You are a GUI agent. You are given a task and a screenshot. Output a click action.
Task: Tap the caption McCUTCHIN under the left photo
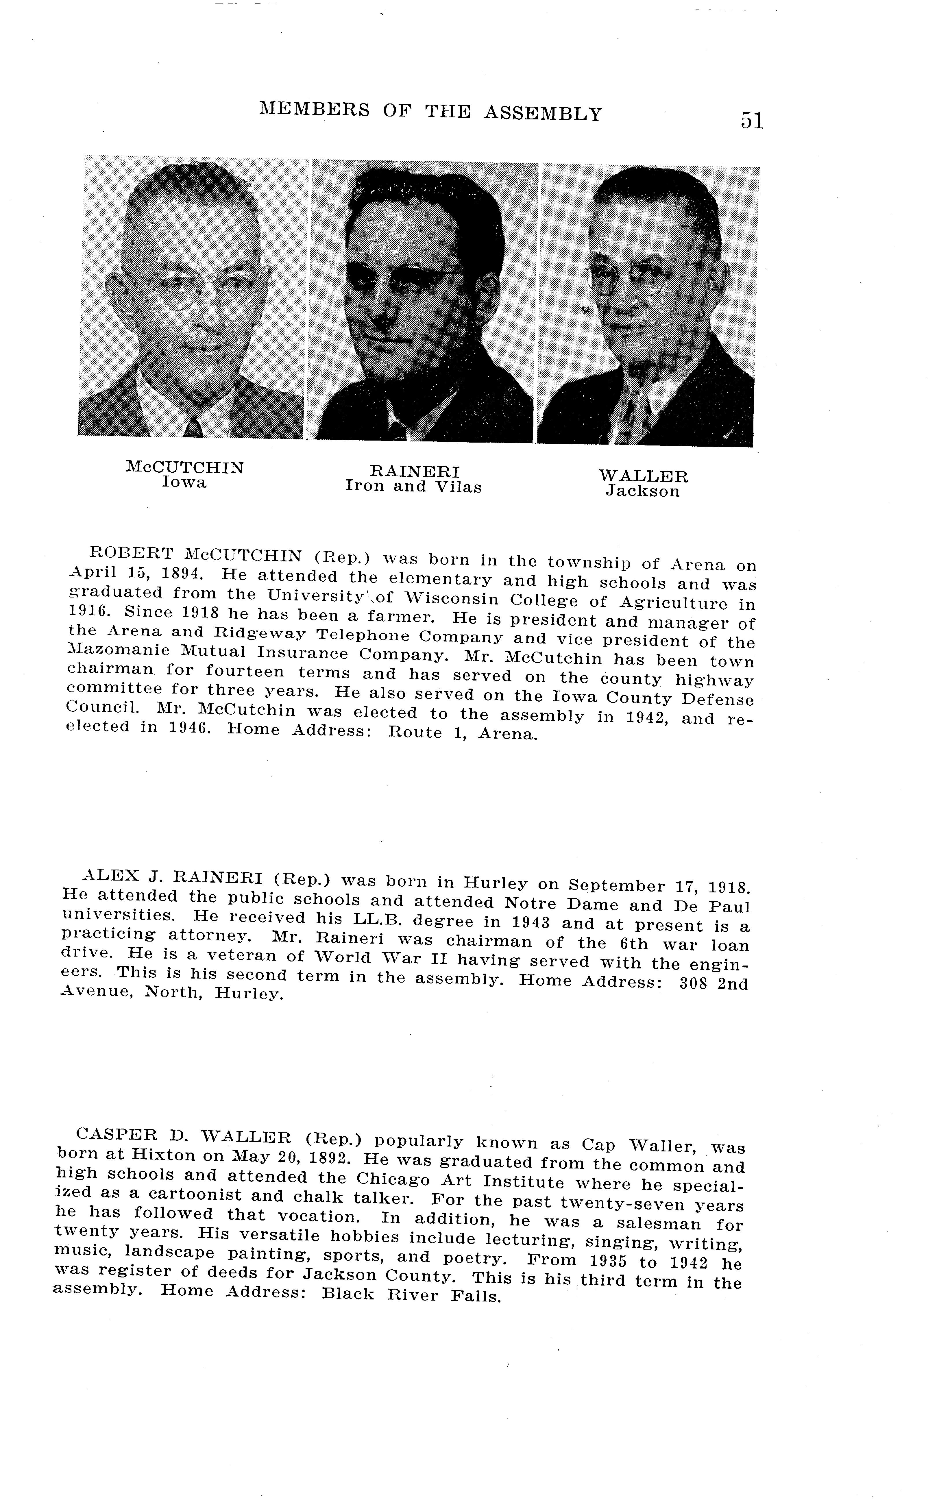click(184, 467)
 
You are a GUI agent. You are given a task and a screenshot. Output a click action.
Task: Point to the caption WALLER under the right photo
click(643, 476)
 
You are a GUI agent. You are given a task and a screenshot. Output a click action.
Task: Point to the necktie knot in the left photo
click(193, 427)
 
